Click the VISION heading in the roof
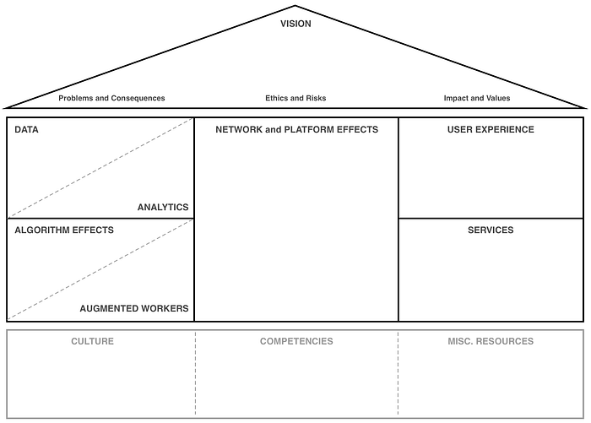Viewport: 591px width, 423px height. pos(295,24)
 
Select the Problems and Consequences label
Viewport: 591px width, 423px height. pos(111,98)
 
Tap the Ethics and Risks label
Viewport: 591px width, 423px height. pos(295,98)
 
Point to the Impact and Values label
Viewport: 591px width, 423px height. pos(477,98)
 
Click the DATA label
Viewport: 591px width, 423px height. pos(26,130)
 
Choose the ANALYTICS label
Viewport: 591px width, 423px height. pos(163,207)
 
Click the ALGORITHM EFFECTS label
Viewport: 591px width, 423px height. pos(64,230)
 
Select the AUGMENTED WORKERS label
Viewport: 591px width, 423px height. pos(134,308)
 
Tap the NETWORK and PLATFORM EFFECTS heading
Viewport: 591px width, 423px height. pos(296,130)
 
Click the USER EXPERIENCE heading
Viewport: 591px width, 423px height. pos(491,130)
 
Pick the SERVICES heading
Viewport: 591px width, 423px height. pos(491,230)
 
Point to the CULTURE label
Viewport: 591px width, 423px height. pos(92,341)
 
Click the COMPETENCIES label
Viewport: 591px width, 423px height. pos(296,341)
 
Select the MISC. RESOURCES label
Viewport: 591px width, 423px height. pos(491,341)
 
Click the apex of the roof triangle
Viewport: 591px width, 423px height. pos(295,6)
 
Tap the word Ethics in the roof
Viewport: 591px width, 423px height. pos(277,98)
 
